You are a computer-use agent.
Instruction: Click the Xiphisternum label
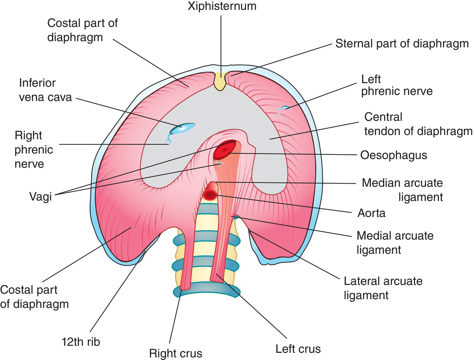click(222, 6)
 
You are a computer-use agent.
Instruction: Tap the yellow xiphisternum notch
click(220, 81)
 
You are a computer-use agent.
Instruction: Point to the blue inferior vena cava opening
click(182, 128)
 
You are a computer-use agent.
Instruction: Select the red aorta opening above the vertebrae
click(210, 194)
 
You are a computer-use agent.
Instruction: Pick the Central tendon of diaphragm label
click(418, 124)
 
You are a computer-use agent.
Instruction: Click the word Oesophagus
click(393, 155)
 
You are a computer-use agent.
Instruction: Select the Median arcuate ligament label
click(403, 190)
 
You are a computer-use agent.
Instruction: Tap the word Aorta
click(371, 213)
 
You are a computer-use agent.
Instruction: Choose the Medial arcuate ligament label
click(395, 242)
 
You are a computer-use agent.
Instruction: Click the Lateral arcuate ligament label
click(383, 288)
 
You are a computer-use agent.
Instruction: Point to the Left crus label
click(298, 349)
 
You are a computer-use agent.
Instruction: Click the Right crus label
click(175, 353)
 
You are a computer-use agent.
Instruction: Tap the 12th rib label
click(81, 342)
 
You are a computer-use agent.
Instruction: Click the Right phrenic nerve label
click(34, 150)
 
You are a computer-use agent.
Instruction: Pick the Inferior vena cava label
click(45, 90)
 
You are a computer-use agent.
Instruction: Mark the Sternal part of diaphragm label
click(402, 44)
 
